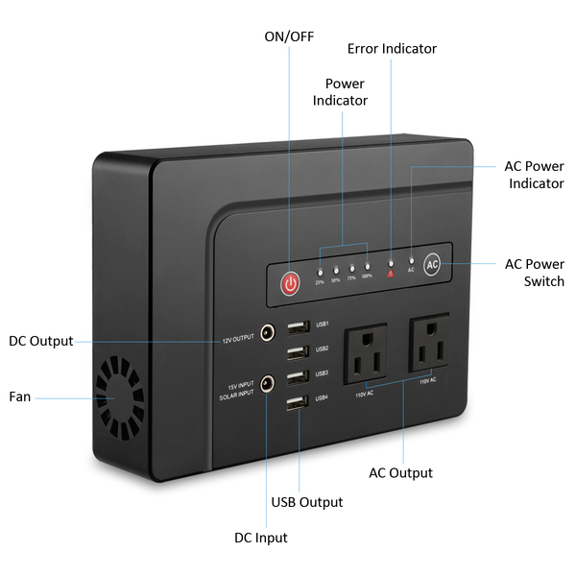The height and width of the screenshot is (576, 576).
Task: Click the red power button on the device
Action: tap(289, 283)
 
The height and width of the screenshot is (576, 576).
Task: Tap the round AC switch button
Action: tap(432, 263)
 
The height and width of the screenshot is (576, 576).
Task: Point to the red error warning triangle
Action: tap(390, 273)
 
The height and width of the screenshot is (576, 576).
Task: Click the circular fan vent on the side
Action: tap(118, 395)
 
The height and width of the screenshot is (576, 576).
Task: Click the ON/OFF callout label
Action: tap(287, 36)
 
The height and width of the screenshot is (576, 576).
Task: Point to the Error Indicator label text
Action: tap(392, 48)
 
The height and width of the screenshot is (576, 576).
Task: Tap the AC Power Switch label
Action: tap(534, 273)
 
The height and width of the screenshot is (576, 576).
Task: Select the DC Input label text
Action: tap(261, 538)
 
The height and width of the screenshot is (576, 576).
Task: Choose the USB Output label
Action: tap(307, 502)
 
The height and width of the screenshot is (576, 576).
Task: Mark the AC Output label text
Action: tap(401, 472)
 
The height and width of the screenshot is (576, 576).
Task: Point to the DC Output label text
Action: tap(39, 341)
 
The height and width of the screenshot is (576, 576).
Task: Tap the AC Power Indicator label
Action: tap(534, 174)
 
